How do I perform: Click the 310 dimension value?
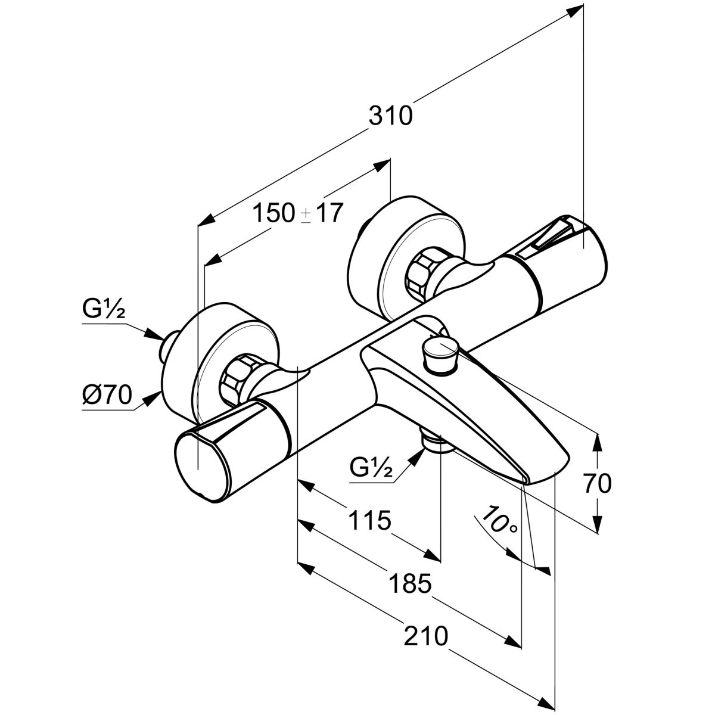390,116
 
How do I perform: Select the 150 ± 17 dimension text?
298,212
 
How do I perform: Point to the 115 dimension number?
369,520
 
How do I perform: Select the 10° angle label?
499,520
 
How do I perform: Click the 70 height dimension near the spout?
597,484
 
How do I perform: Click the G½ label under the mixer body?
371,469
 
